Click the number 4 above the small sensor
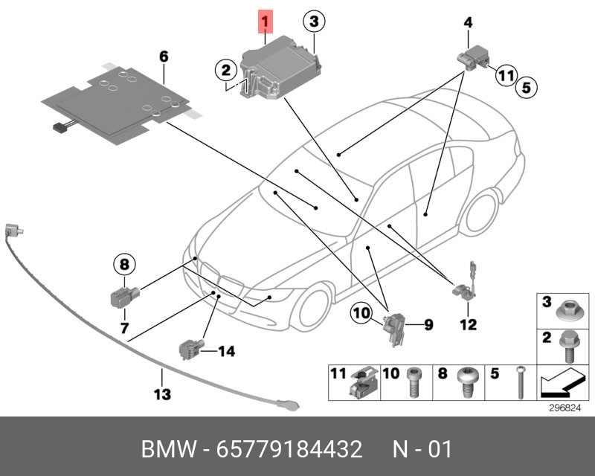click(x=468, y=23)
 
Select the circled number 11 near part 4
click(x=506, y=74)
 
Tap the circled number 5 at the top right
click(x=525, y=87)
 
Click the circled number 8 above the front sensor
click(x=123, y=263)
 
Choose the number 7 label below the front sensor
click(x=123, y=327)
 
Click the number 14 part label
click(x=225, y=350)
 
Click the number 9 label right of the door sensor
click(x=428, y=324)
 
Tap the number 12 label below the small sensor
click(x=468, y=324)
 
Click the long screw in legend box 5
click(x=518, y=382)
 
